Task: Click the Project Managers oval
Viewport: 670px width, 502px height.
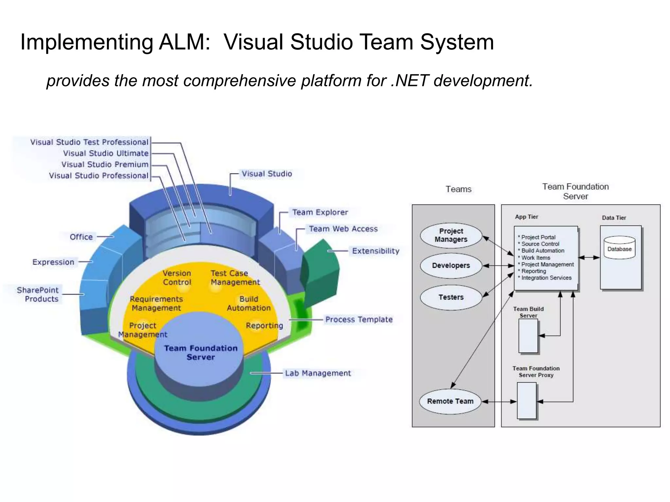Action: pyautogui.click(x=451, y=235)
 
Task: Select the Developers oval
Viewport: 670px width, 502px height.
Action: pyautogui.click(x=451, y=266)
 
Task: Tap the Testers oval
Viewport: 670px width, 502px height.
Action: pyautogui.click(x=451, y=297)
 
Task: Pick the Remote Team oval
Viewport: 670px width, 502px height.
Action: pyautogui.click(x=450, y=401)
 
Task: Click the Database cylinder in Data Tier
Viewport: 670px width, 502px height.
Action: pyautogui.click(x=619, y=248)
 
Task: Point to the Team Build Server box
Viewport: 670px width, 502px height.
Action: pyautogui.click(x=528, y=336)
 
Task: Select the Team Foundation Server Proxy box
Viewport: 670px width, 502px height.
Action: pyautogui.click(x=526, y=401)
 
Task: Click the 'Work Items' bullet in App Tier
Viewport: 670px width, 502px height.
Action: pyautogui.click(x=536, y=258)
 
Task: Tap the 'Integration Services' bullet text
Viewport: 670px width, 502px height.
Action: pyautogui.click(x=546, y=278)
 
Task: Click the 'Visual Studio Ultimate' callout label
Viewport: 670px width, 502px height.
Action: pyautogui.click(x=106, y=153)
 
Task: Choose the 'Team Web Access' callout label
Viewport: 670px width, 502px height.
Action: pyautogui.click(x=343, y=229)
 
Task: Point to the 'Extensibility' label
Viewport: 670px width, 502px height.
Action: pyautogui.click(x=376, y=251)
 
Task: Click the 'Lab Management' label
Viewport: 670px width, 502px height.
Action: pyautogui.click(x=318, y=373)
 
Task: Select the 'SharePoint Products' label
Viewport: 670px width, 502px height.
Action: pyautogui.click(x=38, y=294)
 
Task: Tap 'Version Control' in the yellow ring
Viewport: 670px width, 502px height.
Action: pyautogui.click(x=177, y=277)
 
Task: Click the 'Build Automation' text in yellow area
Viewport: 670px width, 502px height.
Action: pyautogui.click(x=249, y=304)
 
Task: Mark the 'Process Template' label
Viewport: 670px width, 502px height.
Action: pyautogui.click(x=359, y=320)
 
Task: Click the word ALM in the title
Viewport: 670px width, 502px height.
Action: pyautogui.click(x=184, y=42)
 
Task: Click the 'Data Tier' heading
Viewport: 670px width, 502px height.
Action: pyautogui.click(x=614, y=218)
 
